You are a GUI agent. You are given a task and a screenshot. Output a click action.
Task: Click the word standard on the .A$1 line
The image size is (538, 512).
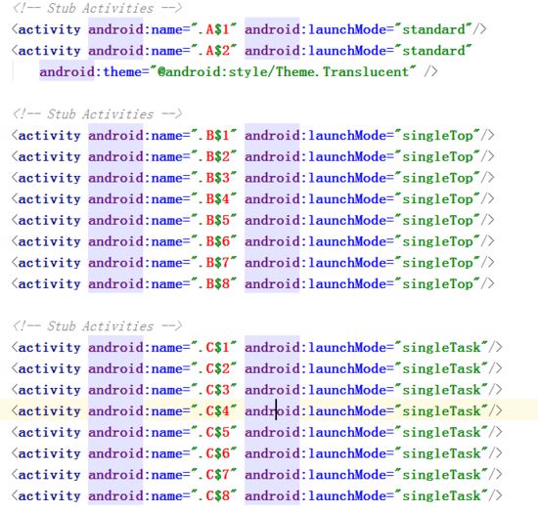(x=433, y=29)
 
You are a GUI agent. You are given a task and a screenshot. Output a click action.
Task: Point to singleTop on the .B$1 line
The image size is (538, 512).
(x=437, y=136)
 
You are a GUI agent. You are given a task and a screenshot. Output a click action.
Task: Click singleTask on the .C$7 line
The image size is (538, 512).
(x=441, y=475)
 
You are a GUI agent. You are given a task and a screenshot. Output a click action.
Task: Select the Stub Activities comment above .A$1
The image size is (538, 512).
(x=97, y=8)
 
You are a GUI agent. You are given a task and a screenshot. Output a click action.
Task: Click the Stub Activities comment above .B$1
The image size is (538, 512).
(x=97, y=114)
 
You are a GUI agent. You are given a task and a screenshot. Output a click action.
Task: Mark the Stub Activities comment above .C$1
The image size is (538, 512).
(x=97, y=326)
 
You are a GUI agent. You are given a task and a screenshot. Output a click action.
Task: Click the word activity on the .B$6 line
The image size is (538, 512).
(x=49, y=241)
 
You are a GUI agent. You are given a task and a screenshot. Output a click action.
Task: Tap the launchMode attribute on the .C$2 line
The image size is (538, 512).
(x=347, y=368)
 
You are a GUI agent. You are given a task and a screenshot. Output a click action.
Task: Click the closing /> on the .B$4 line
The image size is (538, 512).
(x=487, y=199)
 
